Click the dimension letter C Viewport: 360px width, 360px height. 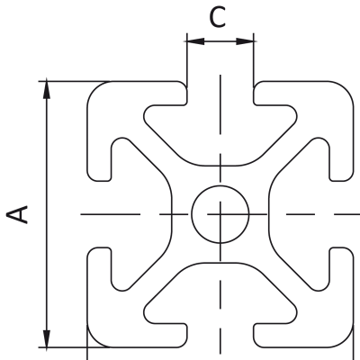[217, 17]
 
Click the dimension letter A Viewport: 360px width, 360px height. [17, 214]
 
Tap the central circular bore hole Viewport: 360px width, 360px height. [220, 214]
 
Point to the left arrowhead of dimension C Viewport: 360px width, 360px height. [195, 41]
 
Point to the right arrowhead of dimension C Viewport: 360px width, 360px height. [245, 41]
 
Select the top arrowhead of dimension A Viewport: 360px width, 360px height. [47, 90]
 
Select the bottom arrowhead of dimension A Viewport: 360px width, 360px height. [47, 338]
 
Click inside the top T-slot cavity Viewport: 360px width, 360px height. [220, 132]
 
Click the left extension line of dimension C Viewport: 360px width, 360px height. [187, 60]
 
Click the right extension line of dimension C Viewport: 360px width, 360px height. [254, 60]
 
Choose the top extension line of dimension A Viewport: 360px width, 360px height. [75, 81]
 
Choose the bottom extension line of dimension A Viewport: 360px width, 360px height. [75, 347]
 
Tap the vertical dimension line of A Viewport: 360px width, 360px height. [47, 214]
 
